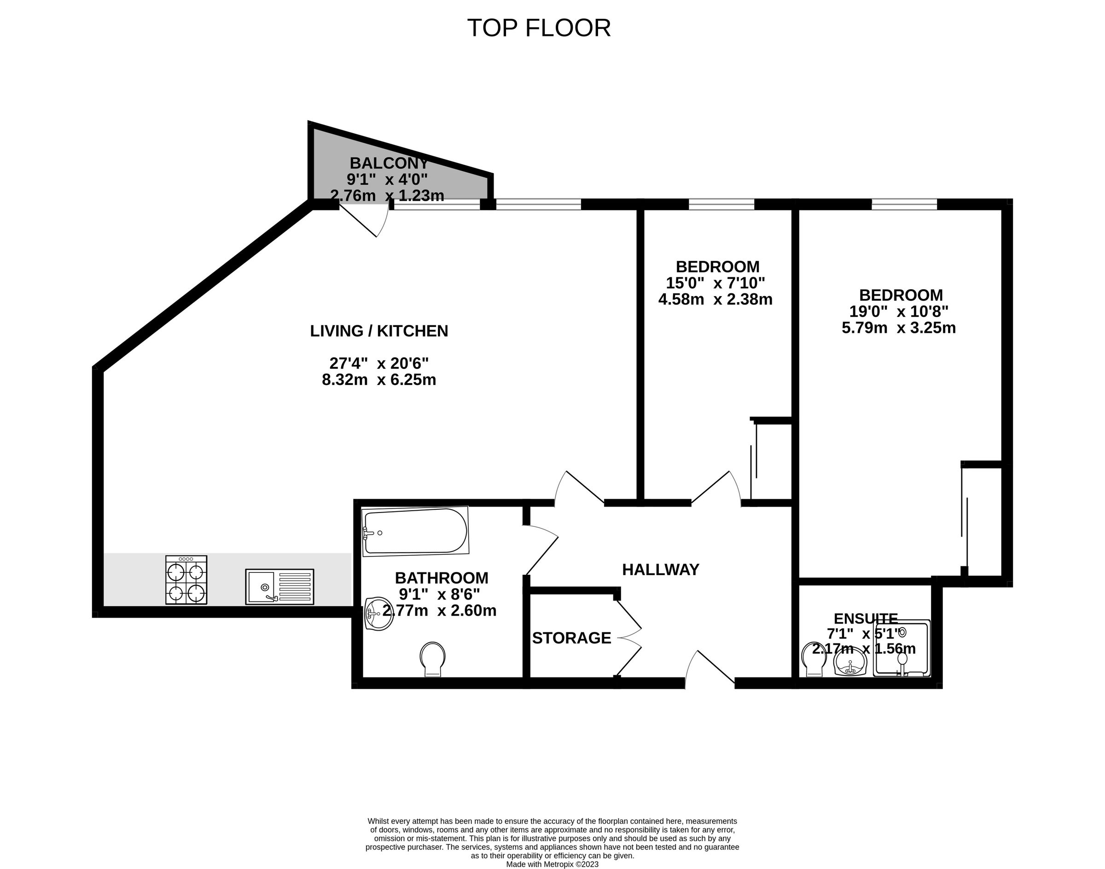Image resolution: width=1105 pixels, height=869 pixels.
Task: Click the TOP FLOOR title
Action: (x=539, y=28)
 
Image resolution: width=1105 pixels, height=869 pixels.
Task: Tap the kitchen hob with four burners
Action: (x=186, y=580)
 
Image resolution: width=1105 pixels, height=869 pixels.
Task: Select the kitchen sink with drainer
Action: (x=279, y=587)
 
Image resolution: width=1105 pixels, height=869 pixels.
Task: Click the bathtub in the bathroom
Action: (x=415, y=531)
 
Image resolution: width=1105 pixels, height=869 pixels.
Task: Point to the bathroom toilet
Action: (x=432, y=659)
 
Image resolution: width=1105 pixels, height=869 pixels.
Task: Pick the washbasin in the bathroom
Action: (x=378, y=613)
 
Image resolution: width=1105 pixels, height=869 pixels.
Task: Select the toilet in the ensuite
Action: (x=813, y=660)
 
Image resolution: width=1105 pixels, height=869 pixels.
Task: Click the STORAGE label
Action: (x=571, y=638)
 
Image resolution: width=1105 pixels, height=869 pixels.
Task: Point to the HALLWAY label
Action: (x=660, y=570)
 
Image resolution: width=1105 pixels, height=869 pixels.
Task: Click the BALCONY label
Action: (x=389, y=163)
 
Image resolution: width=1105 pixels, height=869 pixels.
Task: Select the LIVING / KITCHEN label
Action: (x=379, y=331)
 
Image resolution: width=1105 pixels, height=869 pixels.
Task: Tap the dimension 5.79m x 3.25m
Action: (x=898, y=327)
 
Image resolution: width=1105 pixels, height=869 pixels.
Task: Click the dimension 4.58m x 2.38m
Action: (x=715, y=299)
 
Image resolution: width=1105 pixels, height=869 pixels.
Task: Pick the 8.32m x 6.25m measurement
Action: (x=379, y=379)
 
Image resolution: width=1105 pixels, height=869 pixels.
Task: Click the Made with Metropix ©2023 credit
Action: (x=552, y=864)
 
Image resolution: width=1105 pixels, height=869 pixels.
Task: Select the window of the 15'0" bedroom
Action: (x=721, y=204)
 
